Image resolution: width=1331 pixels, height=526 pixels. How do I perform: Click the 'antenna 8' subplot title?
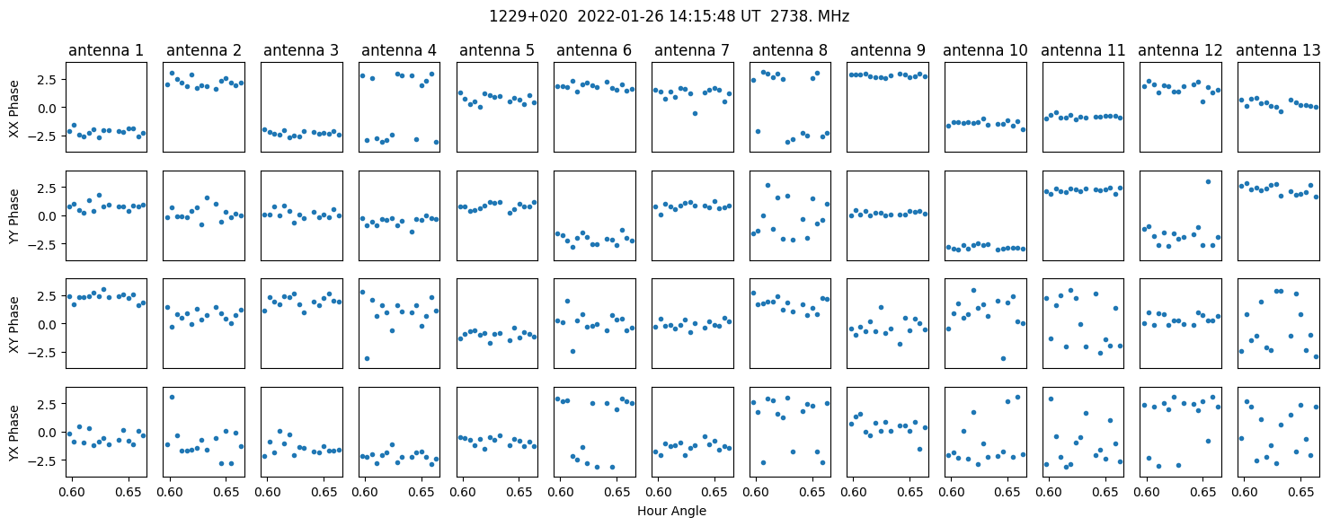click(790, 51)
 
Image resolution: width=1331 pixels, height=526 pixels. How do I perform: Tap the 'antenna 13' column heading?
click(1278, 51)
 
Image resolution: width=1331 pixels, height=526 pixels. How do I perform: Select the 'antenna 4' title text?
click(399, 51)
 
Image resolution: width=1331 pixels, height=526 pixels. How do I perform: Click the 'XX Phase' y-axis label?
click(14, 109)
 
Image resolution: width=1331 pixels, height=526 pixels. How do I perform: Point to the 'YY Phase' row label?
click(14, 216)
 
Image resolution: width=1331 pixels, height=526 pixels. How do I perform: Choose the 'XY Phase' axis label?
click(14, 324)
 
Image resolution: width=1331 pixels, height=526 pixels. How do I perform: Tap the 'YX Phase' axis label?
click(14, 433)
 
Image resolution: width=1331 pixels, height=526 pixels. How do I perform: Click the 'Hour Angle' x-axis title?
click(671, 511)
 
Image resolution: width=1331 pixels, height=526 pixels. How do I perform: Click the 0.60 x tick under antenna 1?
click(73, 493)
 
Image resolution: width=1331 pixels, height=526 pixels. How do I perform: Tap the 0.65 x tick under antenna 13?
click(1300, 493)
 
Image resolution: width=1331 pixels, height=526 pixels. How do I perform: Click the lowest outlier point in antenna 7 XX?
click(695, 113)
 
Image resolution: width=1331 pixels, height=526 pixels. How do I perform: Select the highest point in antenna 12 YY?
click(1208, 181)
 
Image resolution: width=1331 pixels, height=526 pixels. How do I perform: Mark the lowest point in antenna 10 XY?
click(1003, 358)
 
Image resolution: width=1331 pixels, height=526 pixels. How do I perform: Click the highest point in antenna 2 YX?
click(173, 397)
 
